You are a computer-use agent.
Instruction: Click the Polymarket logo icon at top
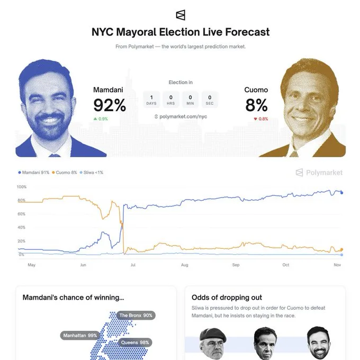(181, 14)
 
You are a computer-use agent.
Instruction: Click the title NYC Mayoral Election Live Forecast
(181, 32)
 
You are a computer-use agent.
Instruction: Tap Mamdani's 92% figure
(110, 105)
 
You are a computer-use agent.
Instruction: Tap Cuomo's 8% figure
(256, 105)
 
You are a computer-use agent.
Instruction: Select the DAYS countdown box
(152, 100)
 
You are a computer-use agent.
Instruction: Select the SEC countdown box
(210, 100)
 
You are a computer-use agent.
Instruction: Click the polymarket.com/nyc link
(181, 116)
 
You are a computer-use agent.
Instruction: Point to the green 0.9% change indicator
(101, 119)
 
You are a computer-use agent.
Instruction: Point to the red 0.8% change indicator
(260, 119)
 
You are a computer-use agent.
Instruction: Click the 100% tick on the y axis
(22, 187)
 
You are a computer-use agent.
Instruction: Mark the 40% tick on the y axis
(22, 228)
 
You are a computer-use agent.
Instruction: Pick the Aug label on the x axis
(184, 265)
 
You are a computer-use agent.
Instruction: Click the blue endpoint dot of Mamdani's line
(341, 193)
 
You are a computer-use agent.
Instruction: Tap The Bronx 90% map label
(136, 316)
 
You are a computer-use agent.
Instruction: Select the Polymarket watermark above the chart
(319, 173)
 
